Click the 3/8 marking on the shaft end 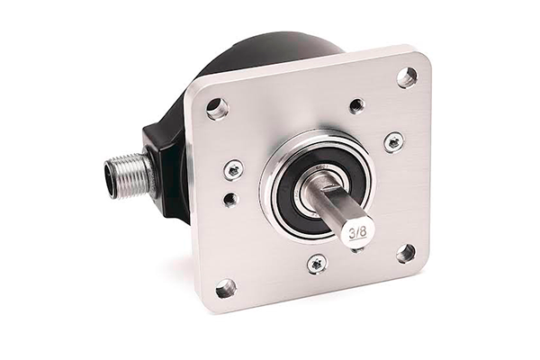tap(358, 233)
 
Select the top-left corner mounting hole tap(217, 107)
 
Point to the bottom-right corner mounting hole tap(406, 253)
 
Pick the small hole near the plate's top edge tap(356, 104)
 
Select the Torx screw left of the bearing tap(232, 169)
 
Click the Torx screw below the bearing tap(316, 265)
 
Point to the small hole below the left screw tap(230, 199)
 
